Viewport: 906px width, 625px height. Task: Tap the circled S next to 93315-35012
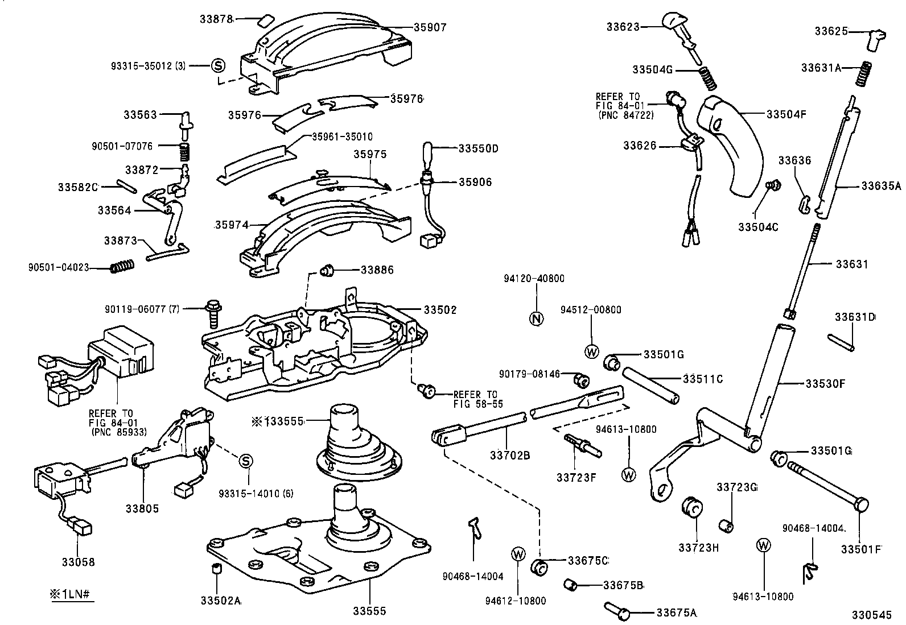217,65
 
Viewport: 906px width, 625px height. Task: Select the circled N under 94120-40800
536,318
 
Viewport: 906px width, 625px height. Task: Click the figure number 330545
871,615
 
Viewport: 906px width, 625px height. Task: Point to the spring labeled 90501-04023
121,266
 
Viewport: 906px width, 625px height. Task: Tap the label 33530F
825,383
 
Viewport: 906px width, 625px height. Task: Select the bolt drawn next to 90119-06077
212,312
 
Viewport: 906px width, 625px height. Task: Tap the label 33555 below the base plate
369,611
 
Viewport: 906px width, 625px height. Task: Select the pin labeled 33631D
840,341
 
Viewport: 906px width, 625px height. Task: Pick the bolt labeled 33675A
617,611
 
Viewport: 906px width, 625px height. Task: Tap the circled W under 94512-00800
591,351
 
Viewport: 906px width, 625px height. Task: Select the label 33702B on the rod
510,456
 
